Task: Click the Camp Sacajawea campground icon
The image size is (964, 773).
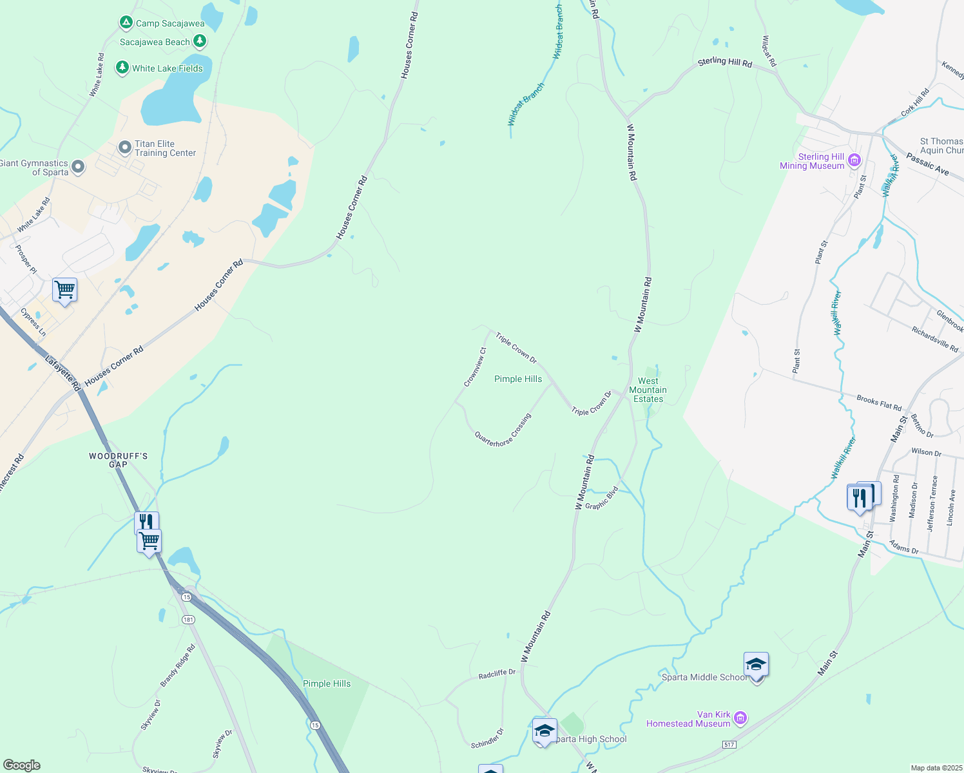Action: (x=126, y=23)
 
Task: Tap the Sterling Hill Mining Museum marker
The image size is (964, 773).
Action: (x=854, y=160)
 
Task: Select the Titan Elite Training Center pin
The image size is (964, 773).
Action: (x=125, y=148)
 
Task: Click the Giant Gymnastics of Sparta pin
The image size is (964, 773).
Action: (x=78, y=167)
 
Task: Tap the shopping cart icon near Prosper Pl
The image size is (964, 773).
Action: (x=65, y=291)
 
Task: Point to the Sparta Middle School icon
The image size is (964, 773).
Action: (x=756, y=665)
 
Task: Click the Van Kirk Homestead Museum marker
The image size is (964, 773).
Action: (x=740, y=718)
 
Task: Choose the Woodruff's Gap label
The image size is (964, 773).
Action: (x=119, y=460)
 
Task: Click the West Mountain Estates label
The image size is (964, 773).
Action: (x=648, y=390)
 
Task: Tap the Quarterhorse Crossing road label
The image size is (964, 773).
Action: (x=503, y=430)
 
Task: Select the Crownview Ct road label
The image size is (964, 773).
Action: (x=475, y=367)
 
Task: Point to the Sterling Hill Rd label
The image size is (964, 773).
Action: (x=725, y=62)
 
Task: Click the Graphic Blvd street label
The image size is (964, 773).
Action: (x=602, y=498)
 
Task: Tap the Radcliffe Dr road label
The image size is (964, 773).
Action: (x=497, y=674)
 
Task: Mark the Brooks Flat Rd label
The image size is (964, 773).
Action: (x=879, y=403)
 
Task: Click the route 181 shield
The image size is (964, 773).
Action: (x=188, y=620)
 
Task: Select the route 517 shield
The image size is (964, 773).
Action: (x=729, y=745)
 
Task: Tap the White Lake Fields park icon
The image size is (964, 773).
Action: (x=122, y=68)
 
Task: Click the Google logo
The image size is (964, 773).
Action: (x=22, y=765)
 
